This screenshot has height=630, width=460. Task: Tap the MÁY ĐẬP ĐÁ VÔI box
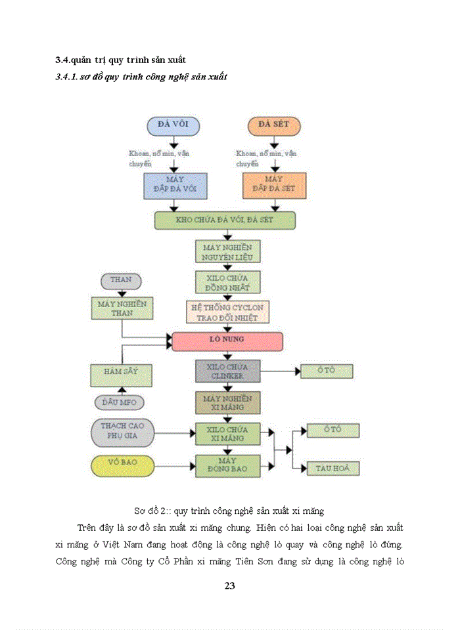click(175, 186)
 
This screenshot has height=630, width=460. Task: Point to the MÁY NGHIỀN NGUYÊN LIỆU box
click(228, 251)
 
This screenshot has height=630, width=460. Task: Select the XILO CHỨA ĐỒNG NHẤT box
click(228, 282)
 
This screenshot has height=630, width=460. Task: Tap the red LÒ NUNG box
click(227, 341)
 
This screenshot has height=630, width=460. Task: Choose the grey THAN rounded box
click(121, 280)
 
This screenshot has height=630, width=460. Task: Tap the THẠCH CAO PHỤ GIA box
click(122, 431)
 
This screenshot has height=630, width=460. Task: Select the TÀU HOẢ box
click(333, 469)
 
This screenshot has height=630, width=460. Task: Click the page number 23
click(229, 586)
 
